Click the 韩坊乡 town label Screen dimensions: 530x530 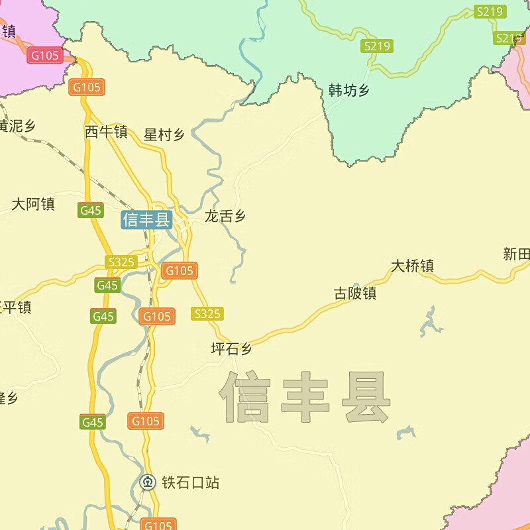tap(349, 91)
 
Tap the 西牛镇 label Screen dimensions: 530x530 tap(106, 132)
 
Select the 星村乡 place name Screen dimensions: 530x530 tap(164, 135)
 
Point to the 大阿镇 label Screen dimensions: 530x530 tap(33, 204)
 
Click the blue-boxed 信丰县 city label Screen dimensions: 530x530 tap(146, 219)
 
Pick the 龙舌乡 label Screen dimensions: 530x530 tap(225, 216)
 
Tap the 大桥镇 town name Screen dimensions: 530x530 tap(412, 266)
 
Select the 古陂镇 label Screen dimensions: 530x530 tap(355, 293)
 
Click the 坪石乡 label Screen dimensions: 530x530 tap(232, 349)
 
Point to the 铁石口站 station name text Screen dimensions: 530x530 tap(190, 483)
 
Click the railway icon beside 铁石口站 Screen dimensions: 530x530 tap(148, 482)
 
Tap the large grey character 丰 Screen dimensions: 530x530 tap(305, 398)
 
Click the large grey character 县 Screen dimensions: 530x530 tap(366, 398)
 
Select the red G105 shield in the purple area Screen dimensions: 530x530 tap(45, 56)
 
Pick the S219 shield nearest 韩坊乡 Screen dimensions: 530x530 tap(377, 46)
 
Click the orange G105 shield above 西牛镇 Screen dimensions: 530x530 tap(87, 87)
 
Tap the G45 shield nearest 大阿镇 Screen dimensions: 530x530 tap(90, 211)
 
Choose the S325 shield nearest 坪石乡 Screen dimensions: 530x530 tap(207, 314)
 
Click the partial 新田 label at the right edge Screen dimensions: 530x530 tap(517, 254)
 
